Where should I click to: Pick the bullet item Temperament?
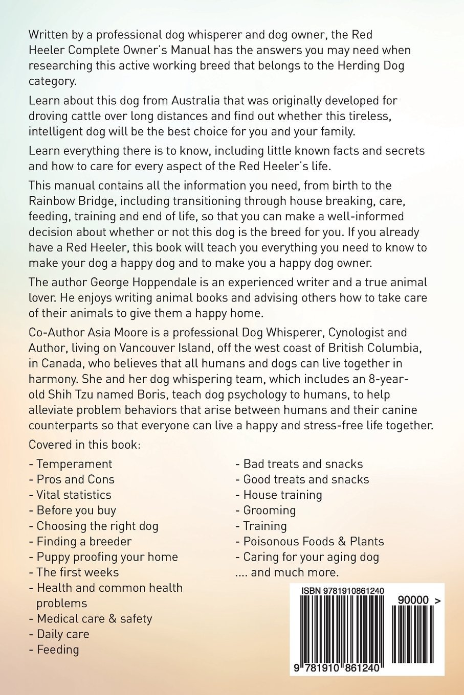click(x=74, y=464)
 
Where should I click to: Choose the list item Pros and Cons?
click(x=75, y=479)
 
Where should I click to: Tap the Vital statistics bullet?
click(x=73, y=495)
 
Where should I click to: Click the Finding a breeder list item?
click(x=83, y=541)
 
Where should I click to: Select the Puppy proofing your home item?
click(x=106, y=557)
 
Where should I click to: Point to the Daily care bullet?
click(x=62, y=634)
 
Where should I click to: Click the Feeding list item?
click(x=57, y=650)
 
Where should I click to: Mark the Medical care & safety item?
click(x=94, y=619)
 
